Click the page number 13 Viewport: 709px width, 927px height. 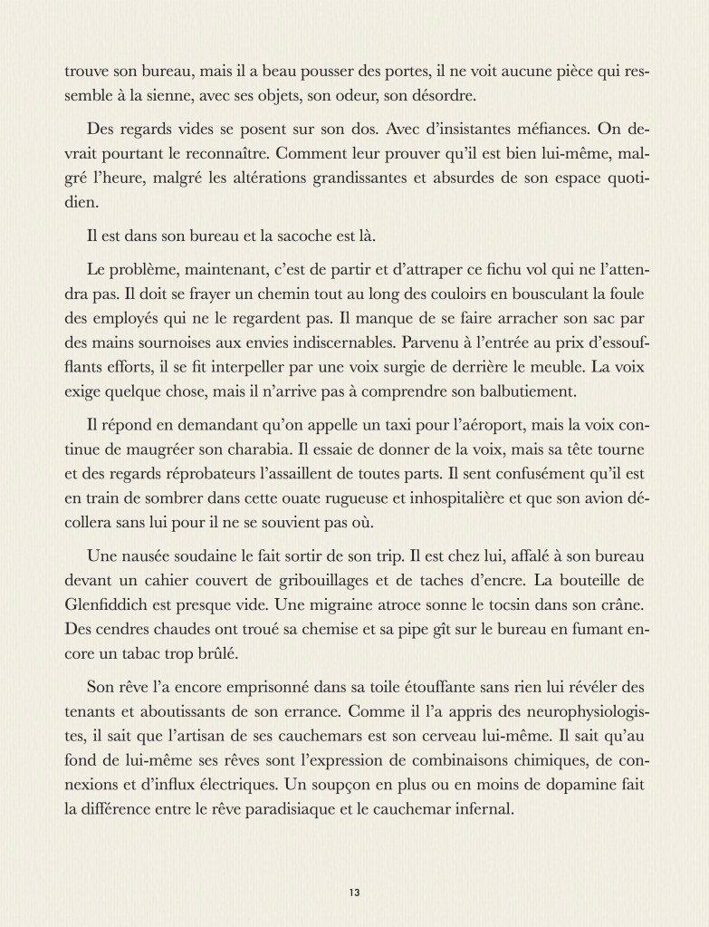point(354,892)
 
